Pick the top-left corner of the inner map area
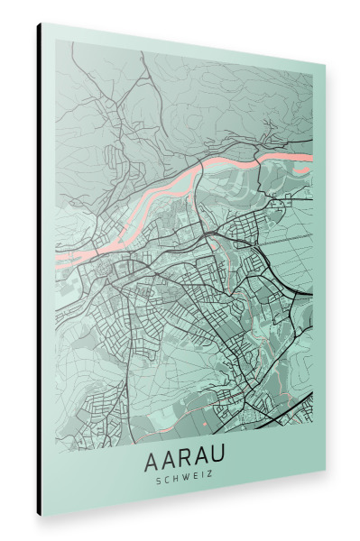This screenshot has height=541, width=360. click(x=55, y=41)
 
